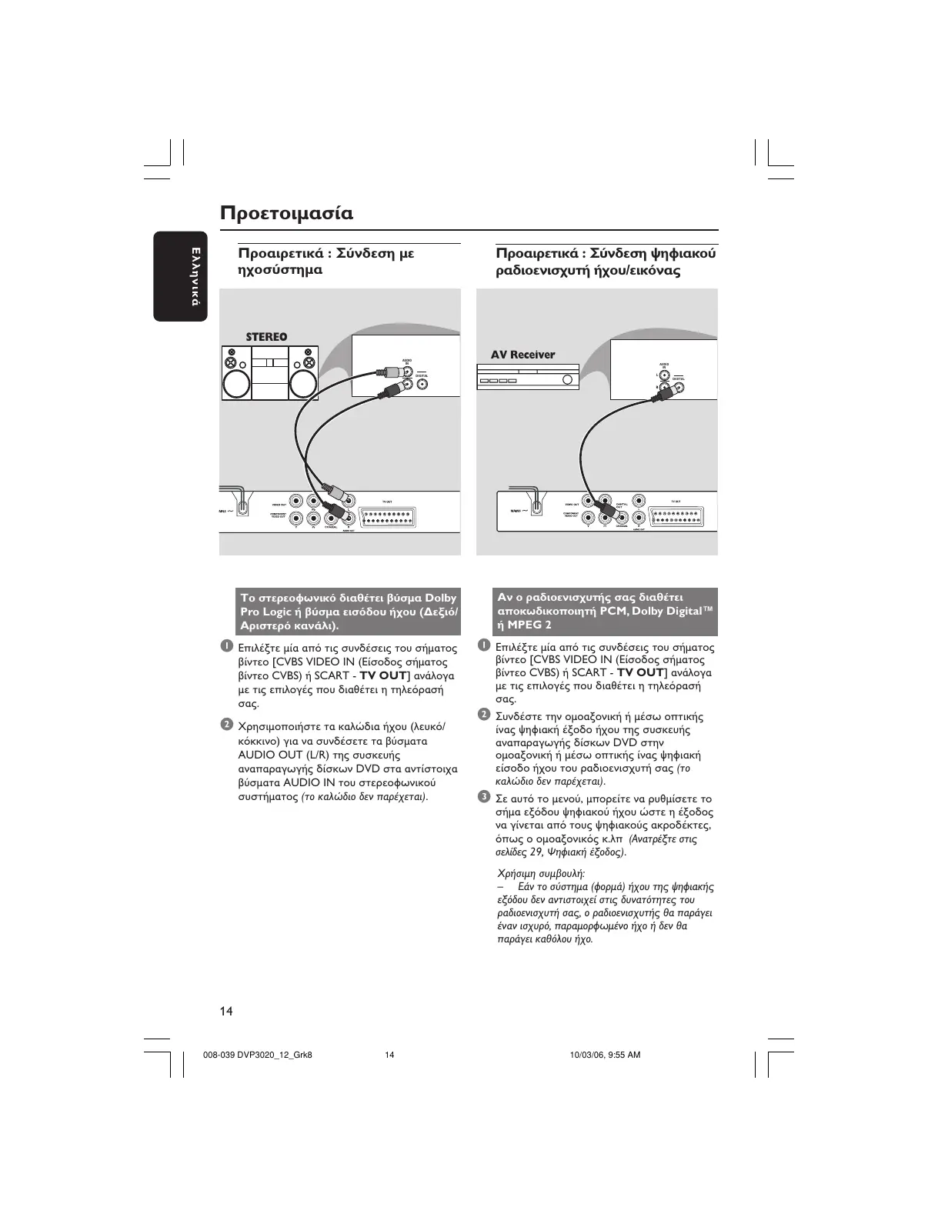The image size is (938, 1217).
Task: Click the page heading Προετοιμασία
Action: [286, 213]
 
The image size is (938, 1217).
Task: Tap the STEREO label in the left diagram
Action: [266, 337]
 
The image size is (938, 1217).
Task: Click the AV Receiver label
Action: [522, 355]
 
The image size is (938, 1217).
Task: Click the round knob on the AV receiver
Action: [567, 379]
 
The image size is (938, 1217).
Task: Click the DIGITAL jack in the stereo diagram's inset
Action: [422, 383]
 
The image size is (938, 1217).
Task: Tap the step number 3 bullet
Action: [484, 796]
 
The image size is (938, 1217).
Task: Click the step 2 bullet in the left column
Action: [226, 725]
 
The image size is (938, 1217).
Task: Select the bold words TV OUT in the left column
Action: [382, 675]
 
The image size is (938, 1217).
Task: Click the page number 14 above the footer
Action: [226, 1011]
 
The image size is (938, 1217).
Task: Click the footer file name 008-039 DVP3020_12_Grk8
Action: [257, 1055]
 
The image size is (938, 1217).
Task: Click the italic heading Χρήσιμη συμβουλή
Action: [541, 874]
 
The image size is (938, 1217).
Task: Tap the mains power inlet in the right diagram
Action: [536, 508]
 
